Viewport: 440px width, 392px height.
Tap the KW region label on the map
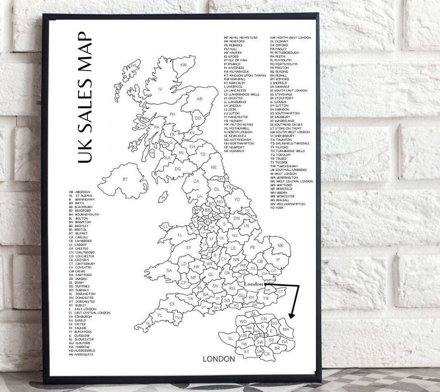pos(183,65)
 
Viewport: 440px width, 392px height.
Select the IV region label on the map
pos(160,89)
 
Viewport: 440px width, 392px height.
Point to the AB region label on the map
pos(199,99)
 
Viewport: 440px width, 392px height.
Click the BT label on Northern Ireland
pos(125,179)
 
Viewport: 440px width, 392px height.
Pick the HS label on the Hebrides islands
pos(134,66)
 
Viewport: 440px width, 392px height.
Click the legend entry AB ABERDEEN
pos(80,192)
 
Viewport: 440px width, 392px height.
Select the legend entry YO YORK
pos(277,208)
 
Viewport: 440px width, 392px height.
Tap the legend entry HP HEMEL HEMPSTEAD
pos(241,38)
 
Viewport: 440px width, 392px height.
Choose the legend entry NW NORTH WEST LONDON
pos(290,38)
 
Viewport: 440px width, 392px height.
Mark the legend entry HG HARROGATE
pos(82,355)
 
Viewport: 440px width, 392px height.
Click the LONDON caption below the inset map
pos(219,359)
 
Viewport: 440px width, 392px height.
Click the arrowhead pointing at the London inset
pos(292,315)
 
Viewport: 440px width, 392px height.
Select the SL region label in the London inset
pos(230,338)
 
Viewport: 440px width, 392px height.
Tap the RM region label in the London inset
pos(286,330)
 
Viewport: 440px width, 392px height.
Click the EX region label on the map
pos(172,304)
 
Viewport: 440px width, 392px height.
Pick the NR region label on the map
pos(281,245)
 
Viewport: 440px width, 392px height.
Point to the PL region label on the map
pos(160,315)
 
